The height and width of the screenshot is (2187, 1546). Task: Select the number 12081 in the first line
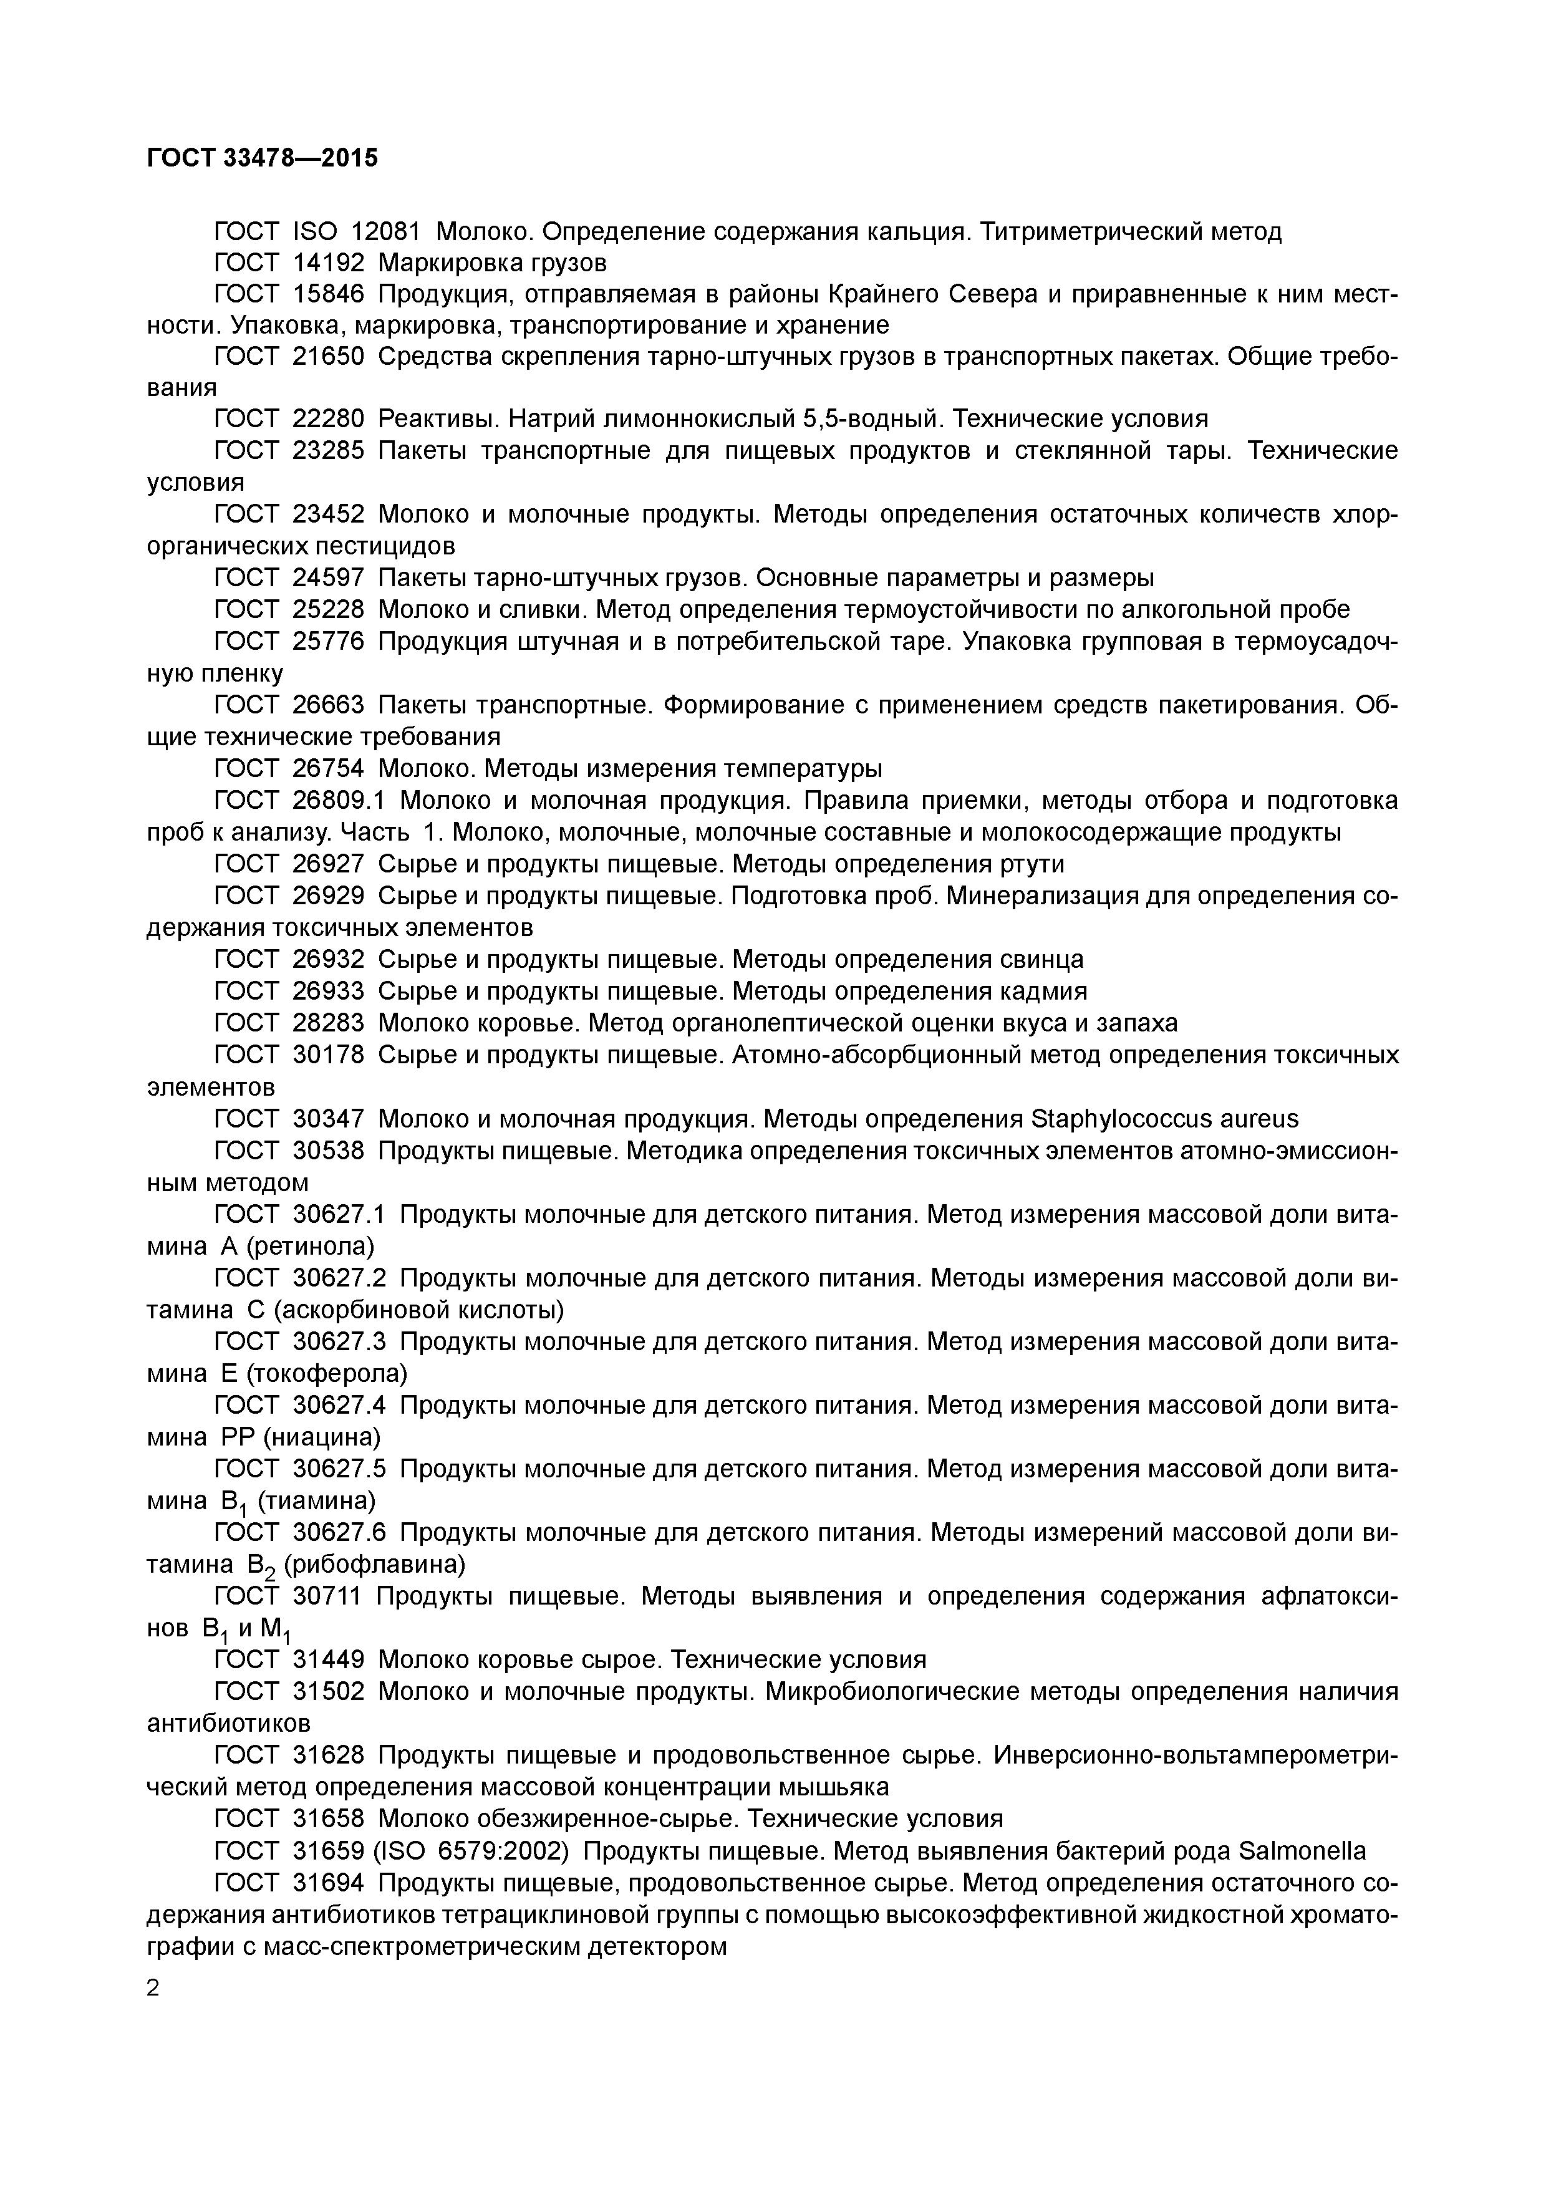point(385,231)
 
